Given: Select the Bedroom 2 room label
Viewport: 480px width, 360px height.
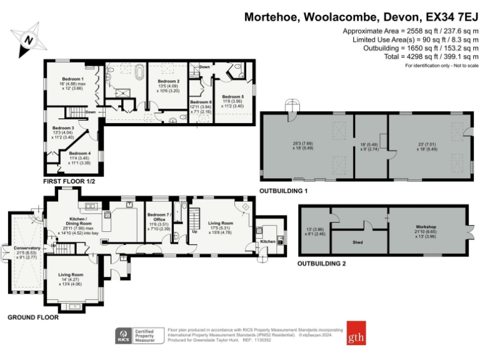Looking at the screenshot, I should click(168, 81).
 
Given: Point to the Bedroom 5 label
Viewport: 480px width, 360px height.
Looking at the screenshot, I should click(232, 97).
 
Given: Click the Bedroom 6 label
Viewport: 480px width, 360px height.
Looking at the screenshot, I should click(201, 102).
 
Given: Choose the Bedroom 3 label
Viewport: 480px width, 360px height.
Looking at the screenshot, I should click(63, 127).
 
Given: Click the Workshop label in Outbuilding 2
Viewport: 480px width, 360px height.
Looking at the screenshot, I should click(425, 227).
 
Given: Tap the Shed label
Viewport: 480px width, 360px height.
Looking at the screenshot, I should click(358, 242).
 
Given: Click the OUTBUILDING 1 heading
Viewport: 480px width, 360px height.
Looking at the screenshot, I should click(284, 190).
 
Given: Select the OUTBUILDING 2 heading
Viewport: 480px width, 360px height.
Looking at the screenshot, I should click(323, 264).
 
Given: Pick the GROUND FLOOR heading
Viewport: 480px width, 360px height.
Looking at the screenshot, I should click(32, 317).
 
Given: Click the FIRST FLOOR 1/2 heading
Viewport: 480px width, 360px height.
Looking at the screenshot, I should click(68, 181).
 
